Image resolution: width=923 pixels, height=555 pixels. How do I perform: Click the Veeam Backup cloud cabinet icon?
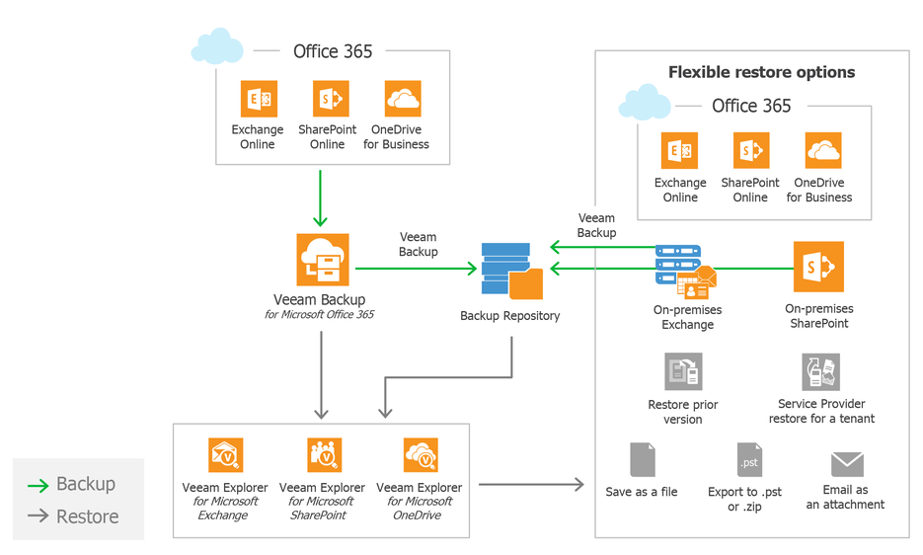(x=323, y=260)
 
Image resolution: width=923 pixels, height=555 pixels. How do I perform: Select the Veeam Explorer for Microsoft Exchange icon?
(x=225, y=455)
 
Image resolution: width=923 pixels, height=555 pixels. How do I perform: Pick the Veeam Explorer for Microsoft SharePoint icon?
(x=324, y=455)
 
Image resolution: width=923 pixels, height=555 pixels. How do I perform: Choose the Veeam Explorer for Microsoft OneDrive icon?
(x=421, y=455)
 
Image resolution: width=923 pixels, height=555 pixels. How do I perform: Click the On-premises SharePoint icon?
(x=818, y=267)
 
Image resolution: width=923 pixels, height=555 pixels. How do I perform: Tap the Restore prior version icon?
(x=683, y=371)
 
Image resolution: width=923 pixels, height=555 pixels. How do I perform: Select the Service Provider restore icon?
(x=820, y=371)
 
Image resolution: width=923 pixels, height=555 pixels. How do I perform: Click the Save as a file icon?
(x=643, y=460)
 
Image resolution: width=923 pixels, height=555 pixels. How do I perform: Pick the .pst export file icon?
(x=749, y=460)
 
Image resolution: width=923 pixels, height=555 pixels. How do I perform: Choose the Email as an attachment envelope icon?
(x=847, y=464)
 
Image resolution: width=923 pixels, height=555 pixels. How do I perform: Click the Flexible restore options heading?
(x=761, y=72)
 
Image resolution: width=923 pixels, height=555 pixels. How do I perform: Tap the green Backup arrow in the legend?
(x=38, y=486)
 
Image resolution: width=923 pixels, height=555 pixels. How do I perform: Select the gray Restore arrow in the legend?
(x=38, y=516)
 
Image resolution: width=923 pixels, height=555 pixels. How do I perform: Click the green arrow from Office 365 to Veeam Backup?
(x=320, y=198)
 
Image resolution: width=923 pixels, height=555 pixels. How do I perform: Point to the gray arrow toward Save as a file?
(x=531, y=485)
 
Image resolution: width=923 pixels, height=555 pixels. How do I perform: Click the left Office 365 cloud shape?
(x=217, y=45)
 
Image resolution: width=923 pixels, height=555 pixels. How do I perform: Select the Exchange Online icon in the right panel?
(x=679, y=151)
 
